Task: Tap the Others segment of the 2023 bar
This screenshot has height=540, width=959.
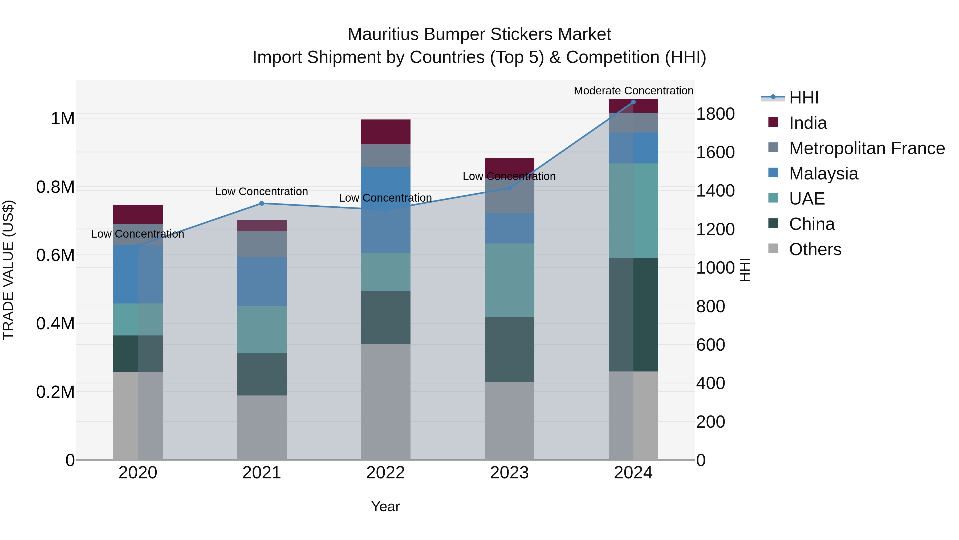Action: [509, 421]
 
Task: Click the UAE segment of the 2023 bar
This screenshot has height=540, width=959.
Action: [509, 280]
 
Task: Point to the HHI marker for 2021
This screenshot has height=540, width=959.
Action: [262, 203]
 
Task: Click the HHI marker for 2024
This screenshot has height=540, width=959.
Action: [633, 102]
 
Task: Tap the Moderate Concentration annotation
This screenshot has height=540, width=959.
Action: [633, 91]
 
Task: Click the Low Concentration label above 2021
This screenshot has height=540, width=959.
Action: [261, 191]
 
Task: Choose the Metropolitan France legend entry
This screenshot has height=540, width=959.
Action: [867, 148]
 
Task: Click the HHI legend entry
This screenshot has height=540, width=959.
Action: [803, 98]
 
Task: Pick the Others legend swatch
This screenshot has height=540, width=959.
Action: [773, 249]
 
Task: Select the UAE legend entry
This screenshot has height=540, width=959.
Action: [807, 199]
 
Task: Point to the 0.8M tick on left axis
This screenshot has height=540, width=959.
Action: [55, 187]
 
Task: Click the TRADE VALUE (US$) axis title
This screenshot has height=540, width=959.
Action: [8, 270]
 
